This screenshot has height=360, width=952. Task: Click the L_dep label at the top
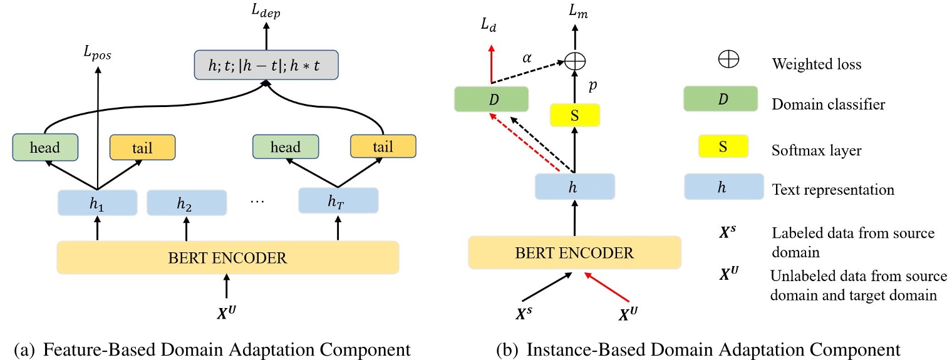[x=266, y=12]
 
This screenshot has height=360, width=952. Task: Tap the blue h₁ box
[x=97, y=203]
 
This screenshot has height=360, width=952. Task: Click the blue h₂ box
[x=186, y=203]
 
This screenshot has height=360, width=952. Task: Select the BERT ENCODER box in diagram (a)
[x=227, y=257]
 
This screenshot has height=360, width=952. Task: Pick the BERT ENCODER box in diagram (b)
[x=574, y=252]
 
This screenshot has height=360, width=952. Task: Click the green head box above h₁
[x=44, y=147]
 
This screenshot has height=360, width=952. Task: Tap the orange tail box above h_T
[x=383, y=147]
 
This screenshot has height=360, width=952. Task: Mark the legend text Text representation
[x=834, y=188]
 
